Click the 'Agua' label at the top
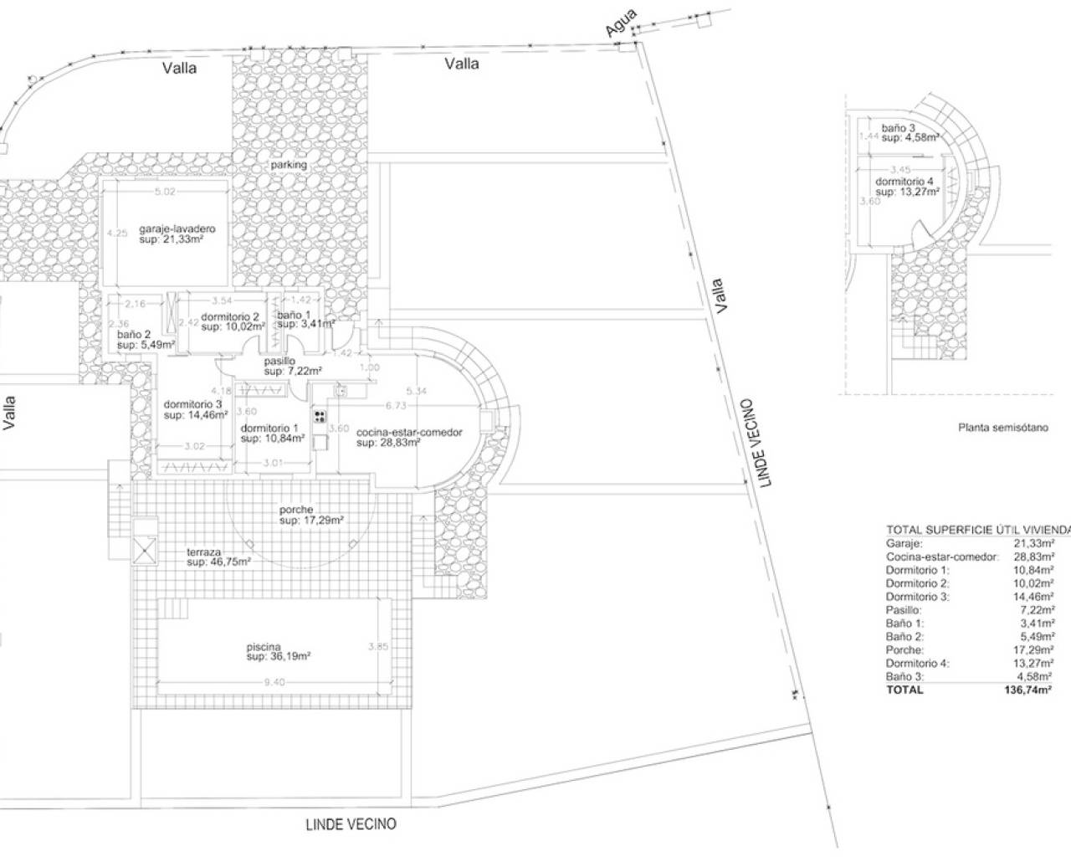622,23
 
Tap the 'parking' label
289,165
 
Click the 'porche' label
296,510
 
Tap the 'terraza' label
204,552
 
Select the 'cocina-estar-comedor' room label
409,432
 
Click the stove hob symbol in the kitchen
320,416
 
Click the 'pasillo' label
279,361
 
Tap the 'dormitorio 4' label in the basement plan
904,182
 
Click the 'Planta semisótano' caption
1002,427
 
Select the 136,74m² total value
1028,690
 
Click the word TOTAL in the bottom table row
904,690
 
